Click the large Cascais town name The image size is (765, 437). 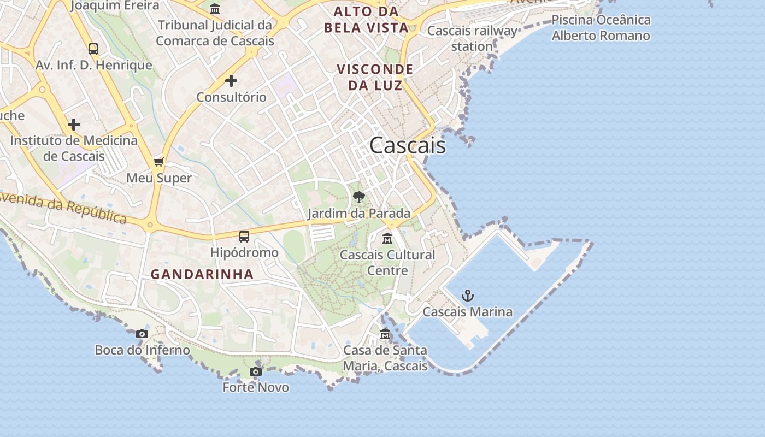408,146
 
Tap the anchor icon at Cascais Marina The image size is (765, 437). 468,296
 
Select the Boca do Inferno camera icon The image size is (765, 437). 142,334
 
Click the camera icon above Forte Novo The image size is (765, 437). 255,372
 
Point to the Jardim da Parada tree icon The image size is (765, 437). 358,197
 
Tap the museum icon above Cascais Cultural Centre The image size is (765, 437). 387,239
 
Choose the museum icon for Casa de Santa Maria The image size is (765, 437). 385,334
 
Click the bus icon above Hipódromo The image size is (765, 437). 244,237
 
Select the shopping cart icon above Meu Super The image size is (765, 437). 159,162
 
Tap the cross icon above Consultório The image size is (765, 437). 231,81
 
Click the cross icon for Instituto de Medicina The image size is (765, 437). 74,125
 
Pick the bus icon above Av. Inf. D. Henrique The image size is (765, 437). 93,49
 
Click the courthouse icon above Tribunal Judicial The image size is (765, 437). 215,9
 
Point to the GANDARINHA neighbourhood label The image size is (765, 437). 202,274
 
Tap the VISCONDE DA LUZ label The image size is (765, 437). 375,77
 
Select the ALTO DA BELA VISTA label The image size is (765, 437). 366,20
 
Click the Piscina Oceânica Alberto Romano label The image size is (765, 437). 601,28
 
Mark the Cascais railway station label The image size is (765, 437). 472,38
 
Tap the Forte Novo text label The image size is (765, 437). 256,387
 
